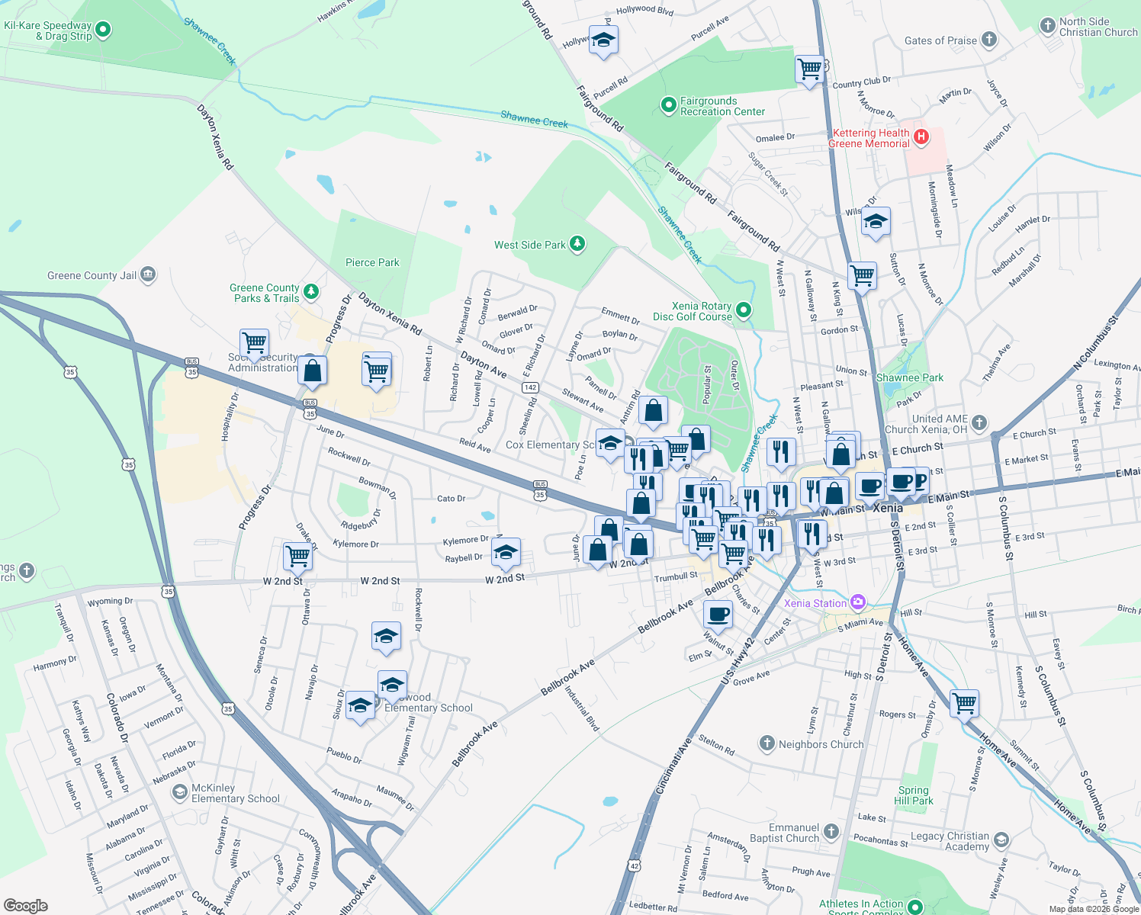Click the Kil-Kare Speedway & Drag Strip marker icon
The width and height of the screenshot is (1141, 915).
pyautogui.click(x=103, y=30)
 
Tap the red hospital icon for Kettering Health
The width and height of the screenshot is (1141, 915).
pyautogui.click(x=921, y=137)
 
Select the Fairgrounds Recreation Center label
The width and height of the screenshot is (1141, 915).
pyautogui.click(x=722, y=106)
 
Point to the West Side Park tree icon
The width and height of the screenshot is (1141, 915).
pyautogui.click(x=577, y=244)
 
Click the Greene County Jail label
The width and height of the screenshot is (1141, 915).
pyautogui.click(x=92, y=275)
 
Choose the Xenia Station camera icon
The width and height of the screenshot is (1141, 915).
pyautogui.click(x=858, y=602)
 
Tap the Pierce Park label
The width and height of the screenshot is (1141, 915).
pyautogui.click(x=372, y=262)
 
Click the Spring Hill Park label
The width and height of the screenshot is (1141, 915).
pyautogui.click(x=914, y=795)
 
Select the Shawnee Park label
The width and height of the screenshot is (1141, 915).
pyautogui.click(x=909, y=377)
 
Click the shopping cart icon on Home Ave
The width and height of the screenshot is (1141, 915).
pyautogui.click(x=965, y=703)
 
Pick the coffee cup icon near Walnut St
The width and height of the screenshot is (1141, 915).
pyautogui.click(x=718, y=614)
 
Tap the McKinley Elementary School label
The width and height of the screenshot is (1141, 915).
pyautogui.click(x=235, y=793)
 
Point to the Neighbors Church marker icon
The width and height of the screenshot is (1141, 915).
pyautogui.click(x=767, y=743)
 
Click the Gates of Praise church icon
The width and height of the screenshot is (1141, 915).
pyautogui.click(x=988, y=40)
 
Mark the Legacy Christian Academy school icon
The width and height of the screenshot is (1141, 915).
pyautogui.click(x=1001, y=840)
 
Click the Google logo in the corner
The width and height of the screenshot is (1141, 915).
pyautogui.click(x=26, y=905)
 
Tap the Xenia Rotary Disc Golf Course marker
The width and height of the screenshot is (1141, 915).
pyautogui.click(x=744, y=310)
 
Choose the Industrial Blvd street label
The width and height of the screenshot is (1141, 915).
pyautogui.click(x=582, y=708)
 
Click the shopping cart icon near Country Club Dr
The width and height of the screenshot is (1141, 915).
pyautogui.click(x=809, y=69)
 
